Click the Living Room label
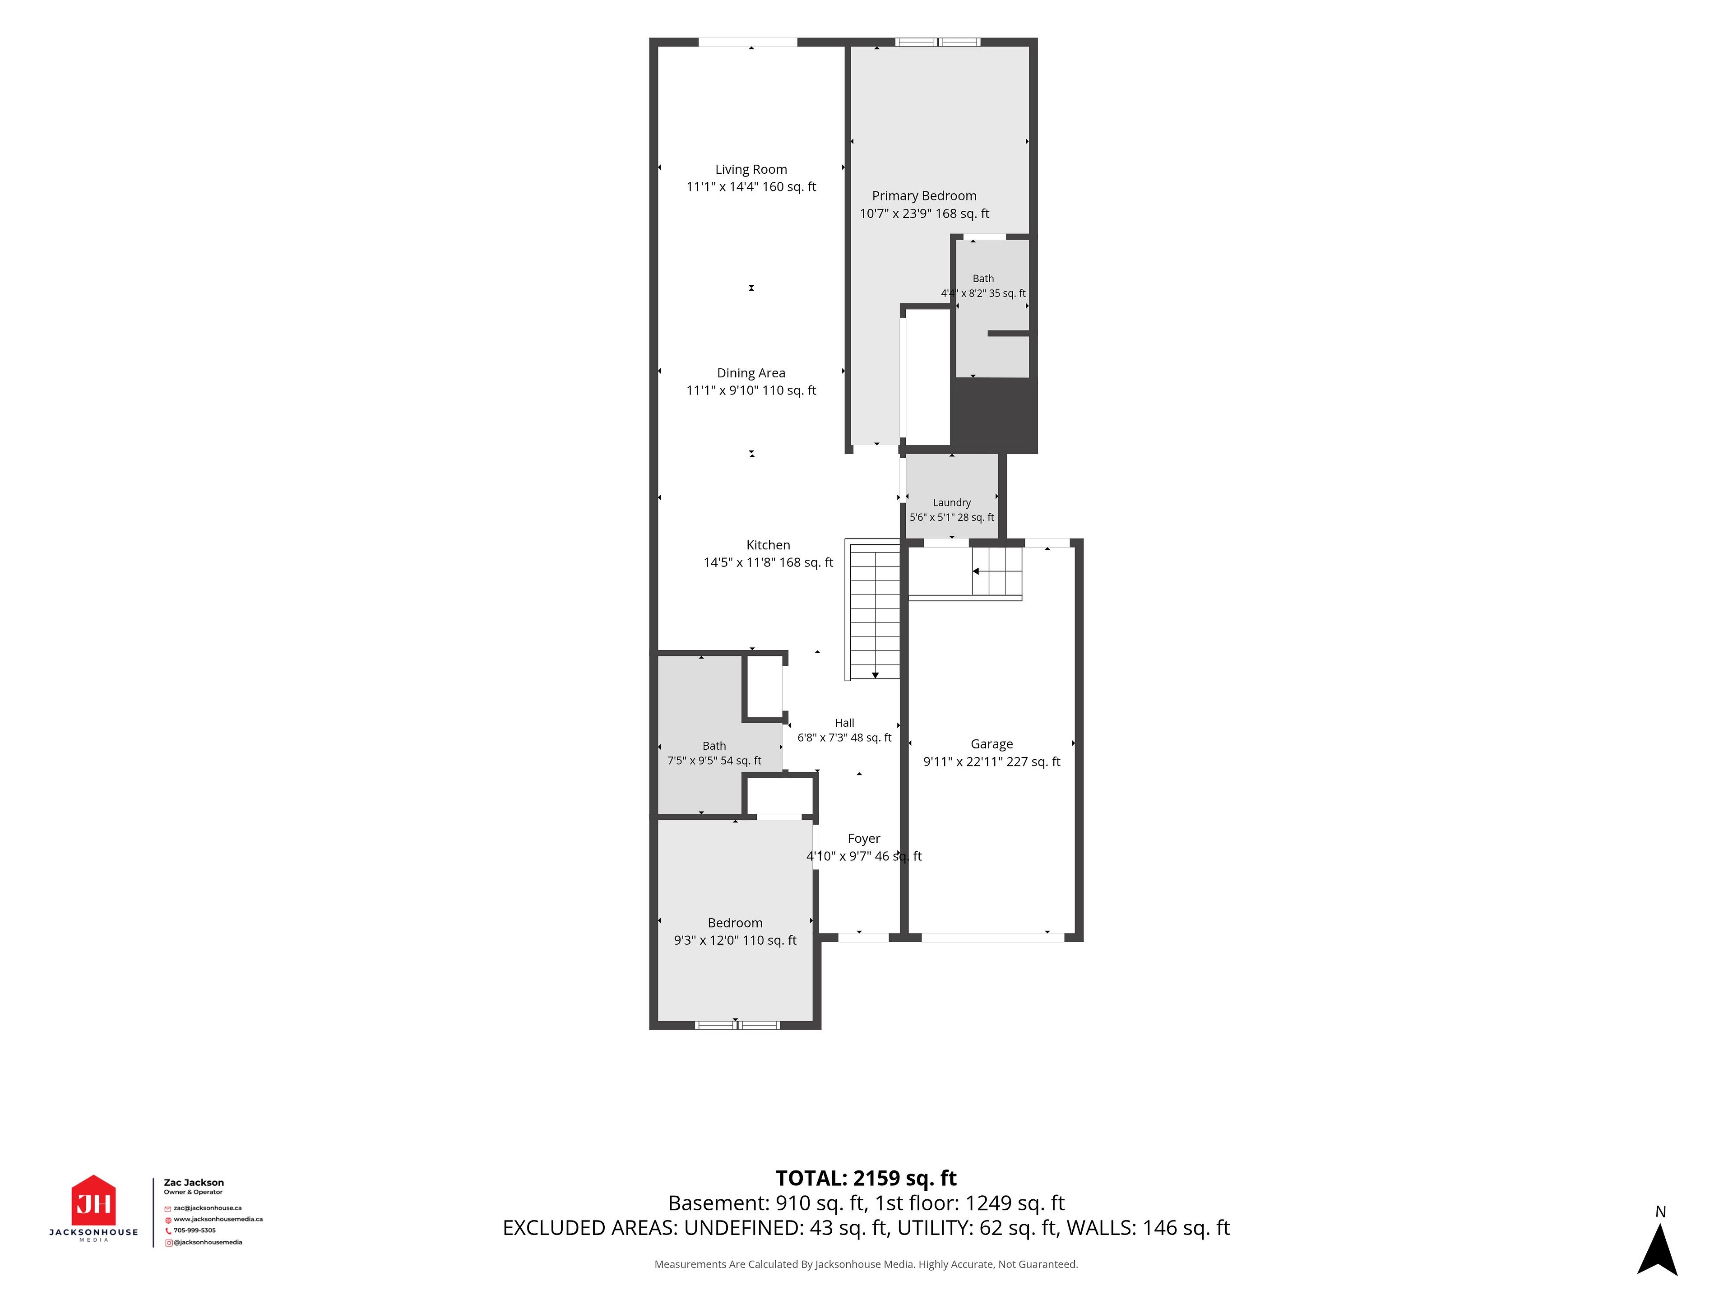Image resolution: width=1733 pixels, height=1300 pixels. tap(751, 169)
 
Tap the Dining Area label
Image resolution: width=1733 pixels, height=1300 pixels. tap(751, 373)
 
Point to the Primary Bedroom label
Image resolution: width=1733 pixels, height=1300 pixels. tap(924, 196)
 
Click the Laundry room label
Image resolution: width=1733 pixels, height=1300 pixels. tap(952, 502)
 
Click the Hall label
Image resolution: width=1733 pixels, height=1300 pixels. tap(844, 723)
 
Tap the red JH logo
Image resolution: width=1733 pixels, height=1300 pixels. tap(94, 1201)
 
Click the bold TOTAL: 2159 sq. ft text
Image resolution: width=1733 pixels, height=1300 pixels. tap(866, 1179)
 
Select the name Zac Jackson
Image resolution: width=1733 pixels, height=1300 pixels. tap(194, 1183)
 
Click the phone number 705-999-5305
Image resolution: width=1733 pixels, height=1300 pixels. tap(195, 1230)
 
